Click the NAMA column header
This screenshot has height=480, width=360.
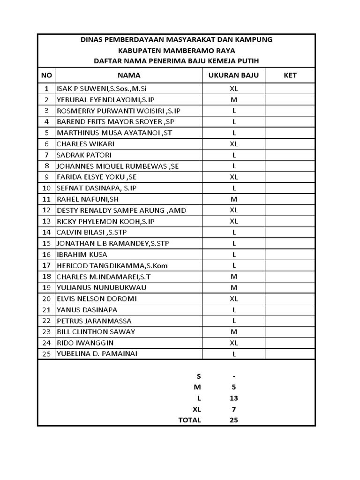tap(128, 75)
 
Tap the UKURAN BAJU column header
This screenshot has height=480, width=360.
tap(233, 75)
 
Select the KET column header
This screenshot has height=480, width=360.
tap(290, 75)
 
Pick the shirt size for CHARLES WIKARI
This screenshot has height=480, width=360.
tap(234, 144)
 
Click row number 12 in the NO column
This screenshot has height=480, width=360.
tap(46, 210)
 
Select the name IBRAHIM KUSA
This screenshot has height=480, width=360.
tap(82, 255)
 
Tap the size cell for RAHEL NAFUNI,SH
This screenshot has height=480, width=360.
tap(234, 199)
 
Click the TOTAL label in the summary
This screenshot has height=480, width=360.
tap(189, 420)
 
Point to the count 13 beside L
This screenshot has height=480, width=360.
tap(234, 398)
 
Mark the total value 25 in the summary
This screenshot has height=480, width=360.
tap(234, 420)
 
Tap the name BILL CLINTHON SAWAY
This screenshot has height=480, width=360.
tap(96, 332)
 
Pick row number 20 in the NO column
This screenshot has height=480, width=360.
tap(46, 299)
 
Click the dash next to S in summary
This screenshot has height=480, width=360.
tap(234, 376)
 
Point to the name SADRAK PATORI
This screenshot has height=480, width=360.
tap(84, 155)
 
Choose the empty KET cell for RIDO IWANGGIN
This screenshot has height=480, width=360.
tap(290, 343)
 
